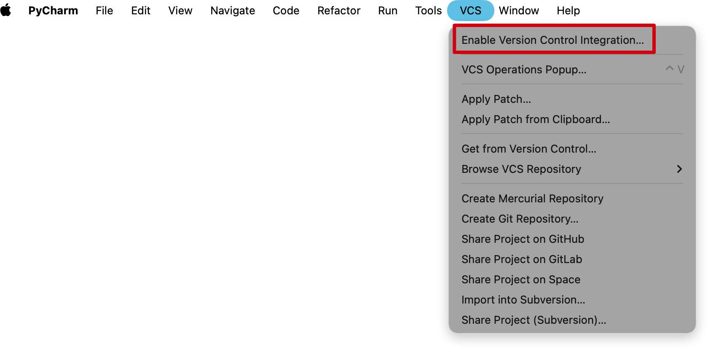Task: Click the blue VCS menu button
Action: click(x=470, y=11)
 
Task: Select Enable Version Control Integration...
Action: click(x=552, y=40)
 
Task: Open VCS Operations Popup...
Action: click(x=524, y=70)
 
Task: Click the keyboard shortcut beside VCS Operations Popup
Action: click(x=675, y=69)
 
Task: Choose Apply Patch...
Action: click(x=496, y=99)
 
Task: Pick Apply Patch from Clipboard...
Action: click(x=535, y=119)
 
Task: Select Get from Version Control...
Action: click(x=528, y=149)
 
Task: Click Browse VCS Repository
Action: click(x=521, y=169)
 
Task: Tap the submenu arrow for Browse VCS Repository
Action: click(x=679, y=169)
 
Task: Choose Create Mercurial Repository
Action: click(x=532, y=199)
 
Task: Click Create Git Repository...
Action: click(x=520, y=219)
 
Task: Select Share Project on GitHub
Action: click(x=523, y=239)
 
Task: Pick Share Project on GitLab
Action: click(x=521, y=259)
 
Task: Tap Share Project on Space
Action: click(x=520, y=279)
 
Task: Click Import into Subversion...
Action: click(x=523, y=300)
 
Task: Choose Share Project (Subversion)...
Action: click(x=534, y=320)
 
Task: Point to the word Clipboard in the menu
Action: click(x=581, y=119)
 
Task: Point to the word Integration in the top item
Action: click(x=611, y=40)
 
